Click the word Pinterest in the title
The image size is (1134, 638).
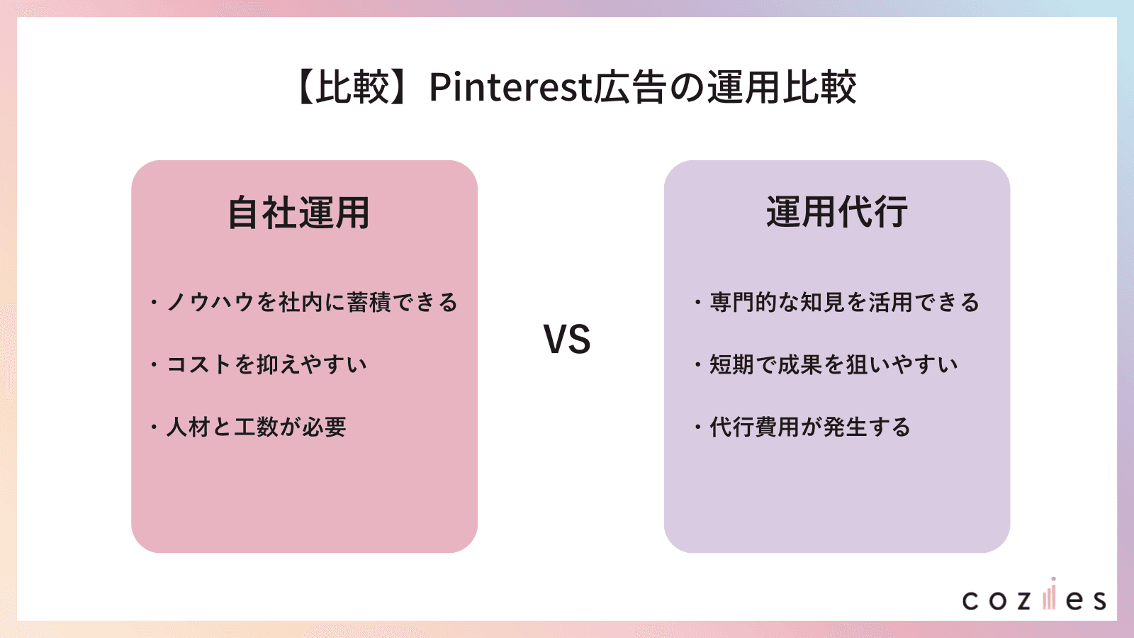coord(510,87)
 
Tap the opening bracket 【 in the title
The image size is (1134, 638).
coord(303,88)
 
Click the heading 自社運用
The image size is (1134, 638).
coord(298,213)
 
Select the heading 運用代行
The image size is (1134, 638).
coord(837,212)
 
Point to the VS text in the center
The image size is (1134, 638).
coord(567,340)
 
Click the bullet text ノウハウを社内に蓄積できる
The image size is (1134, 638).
coord(312,303)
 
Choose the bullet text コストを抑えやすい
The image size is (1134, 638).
coord(266,365)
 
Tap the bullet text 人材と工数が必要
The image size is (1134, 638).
coord(256,427)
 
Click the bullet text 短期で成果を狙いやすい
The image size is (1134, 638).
coord(833,365)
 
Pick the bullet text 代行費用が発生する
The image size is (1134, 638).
coord(810,427)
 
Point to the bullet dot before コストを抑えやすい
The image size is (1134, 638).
coord(153,365)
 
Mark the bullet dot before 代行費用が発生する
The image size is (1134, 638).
coord(697,427)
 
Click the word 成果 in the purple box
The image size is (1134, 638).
coord(799,365)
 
